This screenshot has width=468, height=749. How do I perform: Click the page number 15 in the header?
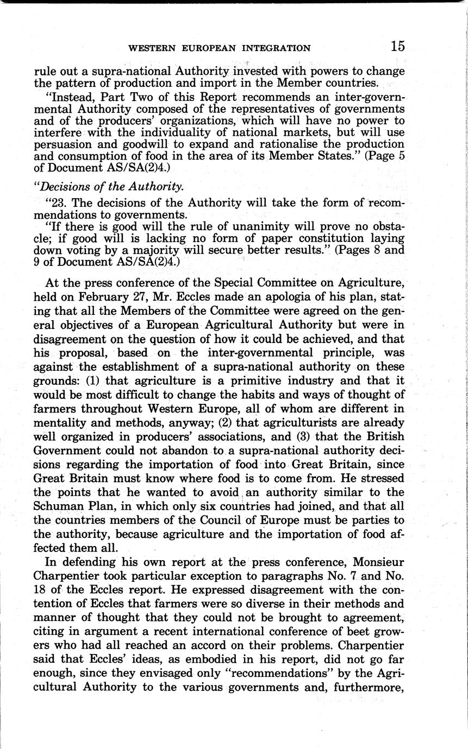point(397,47)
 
